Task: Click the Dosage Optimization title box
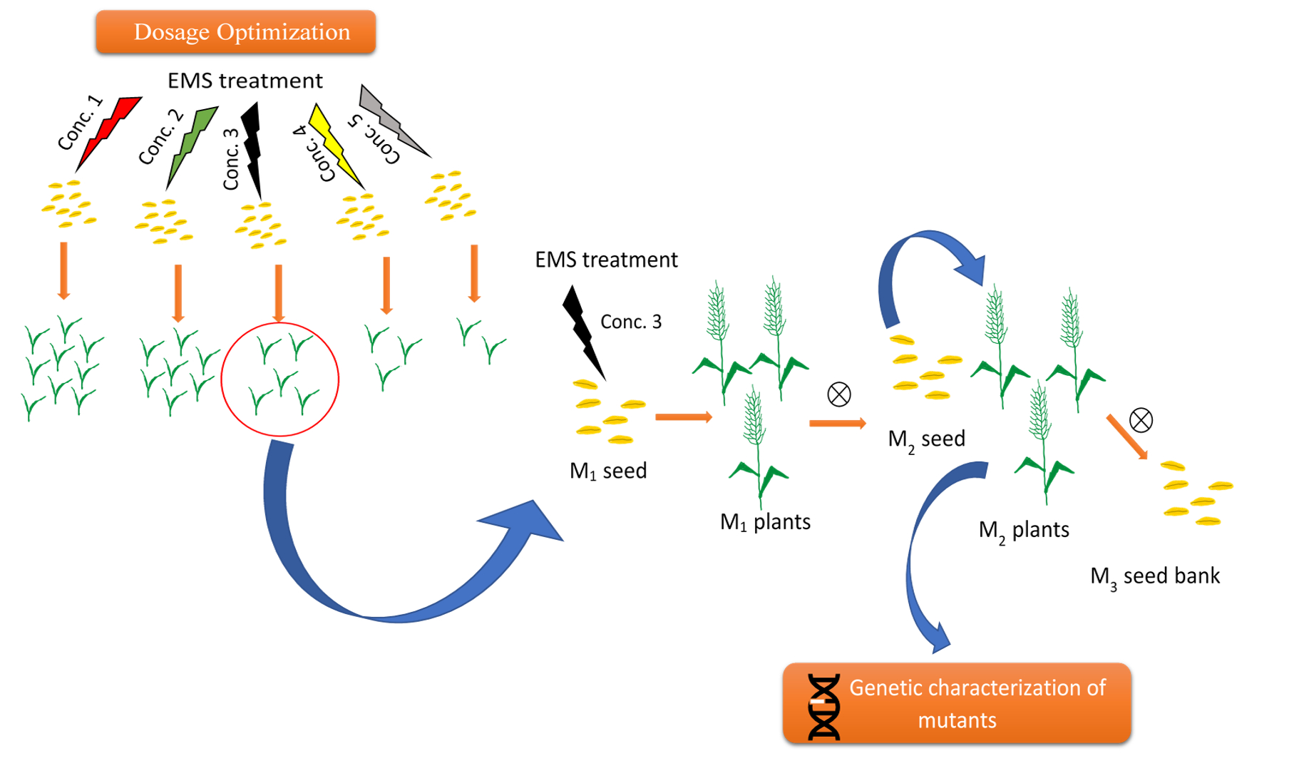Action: click(236, 32)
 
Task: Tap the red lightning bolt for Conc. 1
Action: click(108, 133)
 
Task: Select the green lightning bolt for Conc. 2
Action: click(191, 148)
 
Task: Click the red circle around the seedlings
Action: click(279, 323)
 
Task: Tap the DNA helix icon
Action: click(823, 706)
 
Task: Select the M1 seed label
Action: click(608, 471)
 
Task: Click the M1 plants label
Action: click(765, 522)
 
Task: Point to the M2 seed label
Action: click(926, 439)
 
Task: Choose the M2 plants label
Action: click(1024, 531)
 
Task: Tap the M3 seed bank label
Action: click(1155, 576)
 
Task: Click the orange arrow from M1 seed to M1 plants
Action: click(684, 417)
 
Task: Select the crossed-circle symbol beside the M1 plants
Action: click(839, 394)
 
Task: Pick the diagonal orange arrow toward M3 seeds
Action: click(1126, 436)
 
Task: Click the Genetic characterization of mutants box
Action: click(957, 703)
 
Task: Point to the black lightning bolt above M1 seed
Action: click(583, 332)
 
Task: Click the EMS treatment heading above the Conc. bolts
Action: click(245, 81)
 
